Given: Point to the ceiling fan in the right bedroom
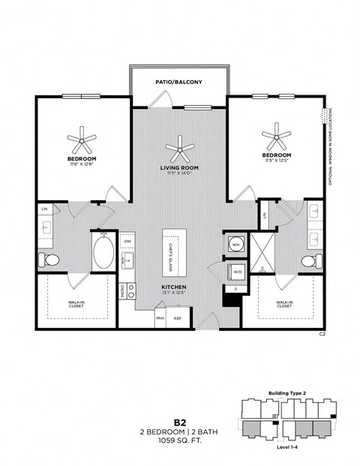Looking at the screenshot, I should pyautogui.click(x=277, y=137).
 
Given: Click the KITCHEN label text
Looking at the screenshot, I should pyautogui.click(x=173, y=287).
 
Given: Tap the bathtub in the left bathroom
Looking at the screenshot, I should pyautogui.click(x=103, y=254).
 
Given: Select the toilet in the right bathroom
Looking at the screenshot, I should pyautogui.click(x=308, y=262).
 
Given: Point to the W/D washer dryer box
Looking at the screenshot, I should pyautogui.click(x=236, y=272).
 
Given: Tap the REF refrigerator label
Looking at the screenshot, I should pyautogui.click(x=178, y=317).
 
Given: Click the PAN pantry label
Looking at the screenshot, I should pyautogui.click(x=160, y=317).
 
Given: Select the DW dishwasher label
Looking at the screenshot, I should pyautogui.click(x=128, y=242).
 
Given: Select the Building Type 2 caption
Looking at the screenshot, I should pyautogui.click(x=287, y=392).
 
